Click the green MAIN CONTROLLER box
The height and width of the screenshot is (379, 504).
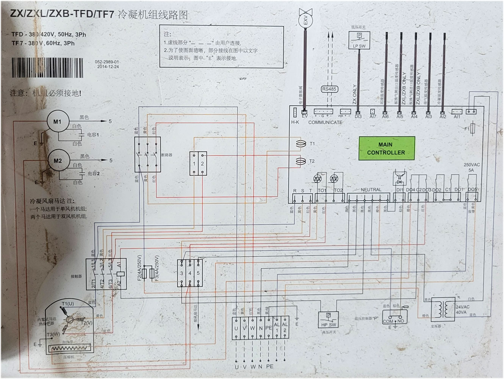pos(387,148)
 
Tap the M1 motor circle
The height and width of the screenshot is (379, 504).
pos(57,122)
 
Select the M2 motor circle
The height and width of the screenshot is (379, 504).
pos(58,161)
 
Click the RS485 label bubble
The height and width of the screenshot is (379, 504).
pos(329,89)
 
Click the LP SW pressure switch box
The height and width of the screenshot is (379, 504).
pos(359,40)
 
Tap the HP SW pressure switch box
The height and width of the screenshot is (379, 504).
pos(329,319)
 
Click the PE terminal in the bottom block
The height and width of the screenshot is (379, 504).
pos(268,328)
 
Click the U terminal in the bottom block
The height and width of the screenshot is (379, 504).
pos(236,328)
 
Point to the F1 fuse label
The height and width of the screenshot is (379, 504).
pos(467,129)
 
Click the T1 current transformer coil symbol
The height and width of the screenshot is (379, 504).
pos(301,144)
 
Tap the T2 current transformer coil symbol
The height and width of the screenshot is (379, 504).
pos(301,161)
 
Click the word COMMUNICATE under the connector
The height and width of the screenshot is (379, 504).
pos(325,122)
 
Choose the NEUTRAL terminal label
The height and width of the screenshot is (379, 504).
pos(371,189)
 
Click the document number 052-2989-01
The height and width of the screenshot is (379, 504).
pos(107,62)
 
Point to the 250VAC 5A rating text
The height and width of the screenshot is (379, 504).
pos(471,168)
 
